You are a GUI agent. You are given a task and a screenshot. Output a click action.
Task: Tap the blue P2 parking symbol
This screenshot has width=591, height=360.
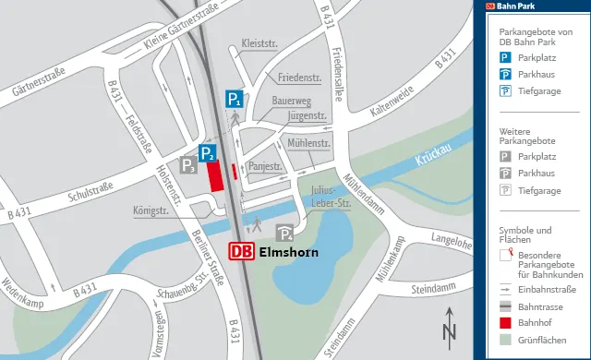pos(208,153)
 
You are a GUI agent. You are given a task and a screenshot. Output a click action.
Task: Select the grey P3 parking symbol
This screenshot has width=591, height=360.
pos(188,166)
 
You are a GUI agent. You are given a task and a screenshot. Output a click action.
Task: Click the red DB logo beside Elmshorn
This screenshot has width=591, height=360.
pos(242,251)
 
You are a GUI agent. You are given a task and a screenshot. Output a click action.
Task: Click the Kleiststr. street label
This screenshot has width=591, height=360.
pos(259,43)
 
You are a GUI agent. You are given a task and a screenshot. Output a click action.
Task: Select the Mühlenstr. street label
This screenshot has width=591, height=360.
pos(309,143)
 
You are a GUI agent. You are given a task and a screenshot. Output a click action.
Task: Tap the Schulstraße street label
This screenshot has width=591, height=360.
pos(90,190)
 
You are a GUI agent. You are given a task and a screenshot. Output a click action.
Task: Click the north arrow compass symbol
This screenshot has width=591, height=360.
pos(450,331)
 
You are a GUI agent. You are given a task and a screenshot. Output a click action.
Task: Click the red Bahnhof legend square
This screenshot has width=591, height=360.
pos(505,323)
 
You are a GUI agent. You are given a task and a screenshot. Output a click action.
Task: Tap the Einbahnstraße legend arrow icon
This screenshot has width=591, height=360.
pos(505,288)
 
